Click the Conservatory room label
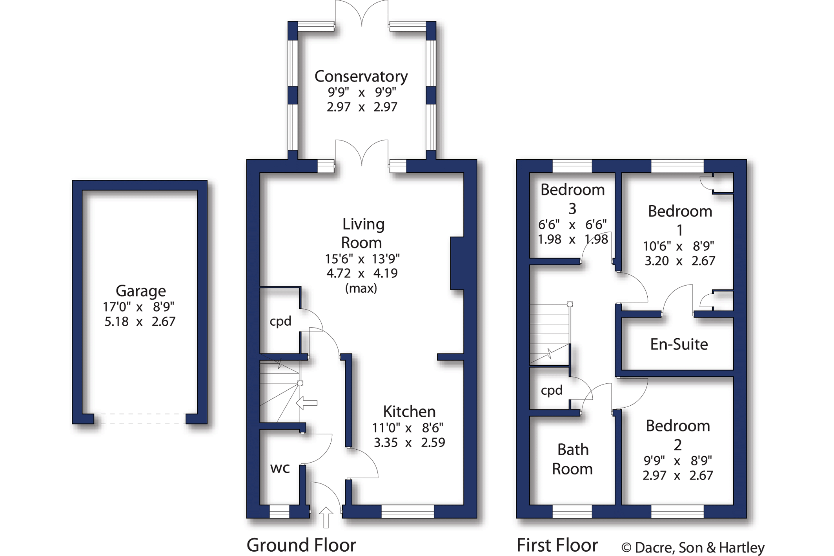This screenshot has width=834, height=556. [x=361, y=77]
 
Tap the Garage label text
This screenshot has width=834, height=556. [x=140, y=291]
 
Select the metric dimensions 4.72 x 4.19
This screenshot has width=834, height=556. [x=362, y=273]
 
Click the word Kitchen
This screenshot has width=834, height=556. [x=409, y=412]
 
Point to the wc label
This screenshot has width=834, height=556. [x=280, y=468]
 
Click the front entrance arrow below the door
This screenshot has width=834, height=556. [x=326, y=517]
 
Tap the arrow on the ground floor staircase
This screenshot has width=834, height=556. [x=306, y=403]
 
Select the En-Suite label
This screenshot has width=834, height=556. [x=679, y=344]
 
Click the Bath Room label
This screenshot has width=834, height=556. [x=572, y=459]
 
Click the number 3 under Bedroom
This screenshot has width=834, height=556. [x=572, y=209]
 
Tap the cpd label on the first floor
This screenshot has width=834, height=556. [x=552, y=390]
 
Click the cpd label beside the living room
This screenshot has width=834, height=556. [x=280, y=321]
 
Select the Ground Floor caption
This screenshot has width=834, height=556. [x=301, y=545]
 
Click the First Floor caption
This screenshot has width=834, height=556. [x=557, y=545]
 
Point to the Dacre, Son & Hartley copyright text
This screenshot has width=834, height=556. [x=693, y=547]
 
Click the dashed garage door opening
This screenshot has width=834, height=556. [x=140, y=419]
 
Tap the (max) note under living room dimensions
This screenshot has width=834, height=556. [x=361, y=288]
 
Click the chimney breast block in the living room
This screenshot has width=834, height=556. [x=457, y=263]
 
